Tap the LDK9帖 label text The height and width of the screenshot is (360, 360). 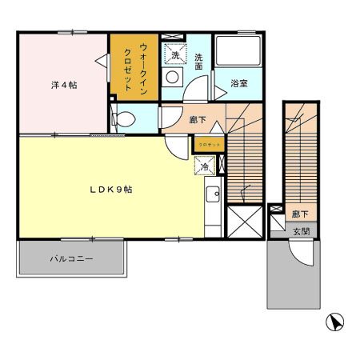click(110, 190)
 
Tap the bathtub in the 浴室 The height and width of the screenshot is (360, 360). click(240, 54)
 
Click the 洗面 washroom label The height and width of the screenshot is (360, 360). click(200, 62)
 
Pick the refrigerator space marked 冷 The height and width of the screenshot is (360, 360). click(203, 166)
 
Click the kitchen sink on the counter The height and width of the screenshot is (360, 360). click(213, 194)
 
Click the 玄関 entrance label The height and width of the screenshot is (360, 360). click(300, 231)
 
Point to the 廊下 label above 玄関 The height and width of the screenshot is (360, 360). click(300, 214)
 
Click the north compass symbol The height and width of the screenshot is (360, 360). click(336, 323)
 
